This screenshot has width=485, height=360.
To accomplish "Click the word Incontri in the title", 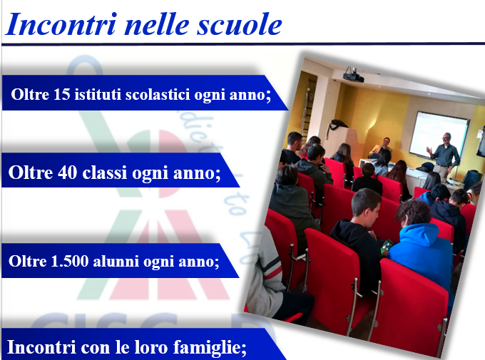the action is [x=61, y=24].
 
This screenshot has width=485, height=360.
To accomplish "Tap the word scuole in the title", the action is [x=240, y=24].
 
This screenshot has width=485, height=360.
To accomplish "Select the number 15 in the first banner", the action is [x=62, y=94].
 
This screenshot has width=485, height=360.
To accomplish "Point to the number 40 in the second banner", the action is [x=68, y=173].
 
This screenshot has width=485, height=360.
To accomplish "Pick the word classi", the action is [x=105, y=173].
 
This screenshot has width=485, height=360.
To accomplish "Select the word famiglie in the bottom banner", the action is [x=210, y=348].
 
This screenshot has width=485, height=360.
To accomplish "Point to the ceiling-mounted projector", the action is [x=353, y=75].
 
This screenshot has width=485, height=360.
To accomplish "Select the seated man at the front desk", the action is [x=382, y=147].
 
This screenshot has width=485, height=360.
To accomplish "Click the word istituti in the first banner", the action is [x=98, y=94].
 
